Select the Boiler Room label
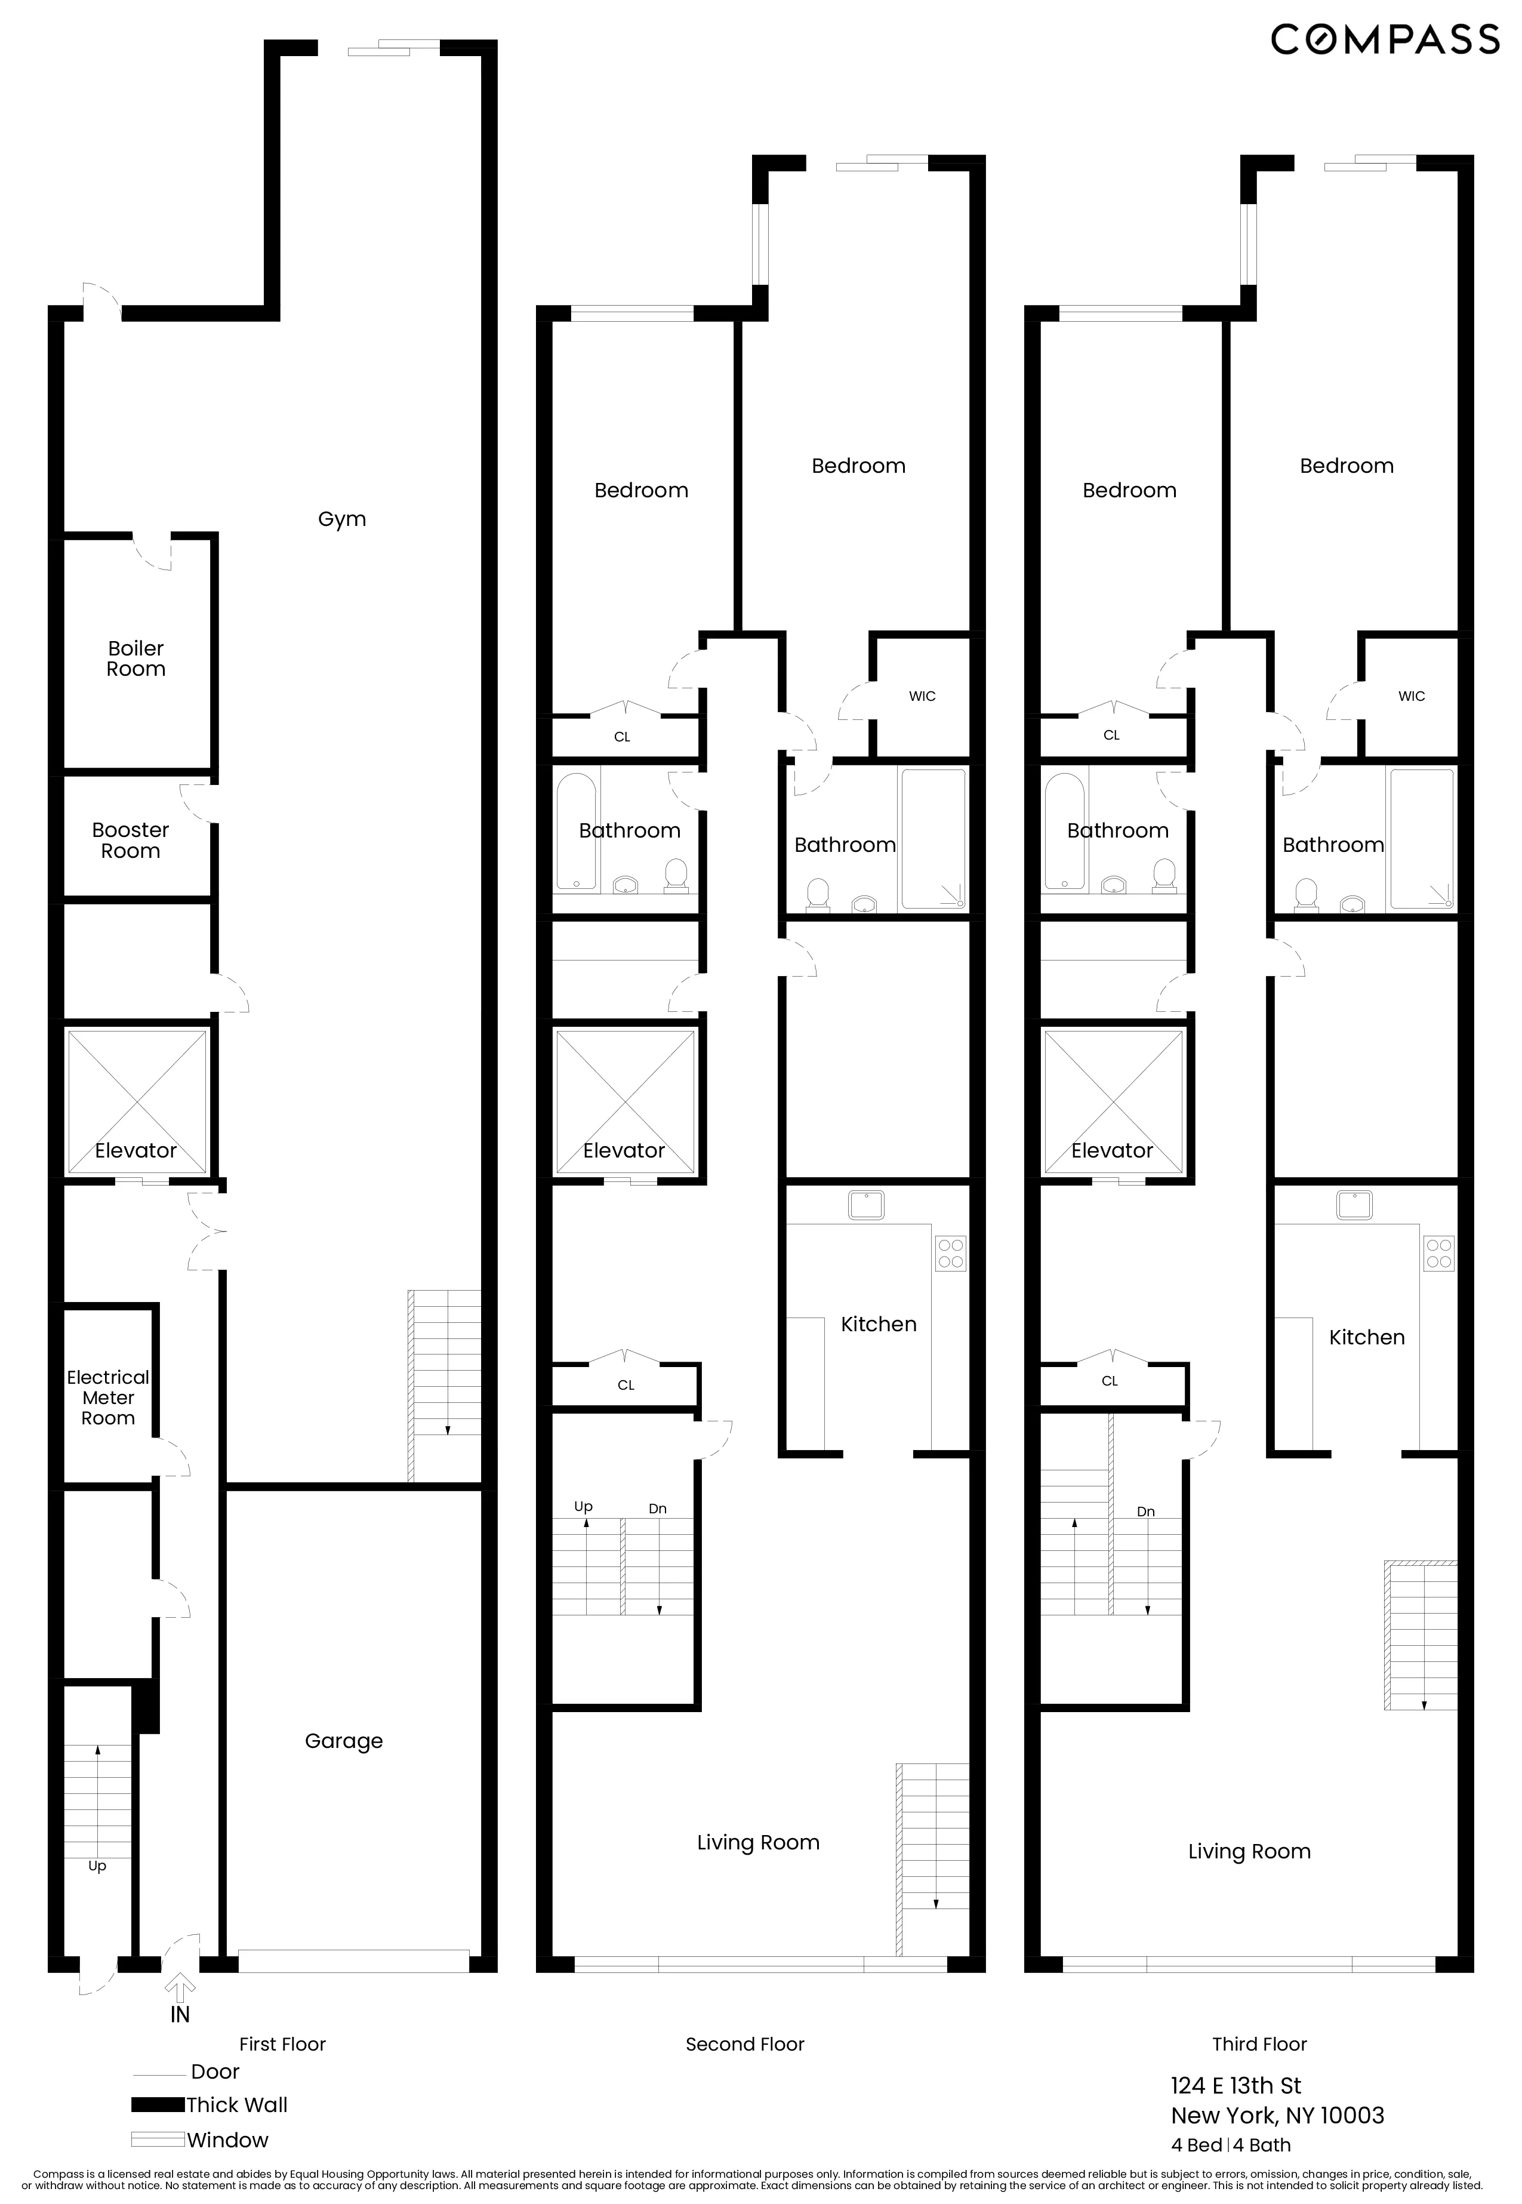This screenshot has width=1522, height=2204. click(x=135, y=659)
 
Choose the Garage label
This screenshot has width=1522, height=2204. click(x=343, y=1741)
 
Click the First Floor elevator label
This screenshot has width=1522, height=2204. click(x=135, y=1150)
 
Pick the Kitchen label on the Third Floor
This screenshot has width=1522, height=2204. click(x=1367, y=1337)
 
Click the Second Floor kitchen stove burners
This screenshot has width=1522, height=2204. click(x=951, y=1253)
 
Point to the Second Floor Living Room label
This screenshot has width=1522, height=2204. click(x=758, y=1843)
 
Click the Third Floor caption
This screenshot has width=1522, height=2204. click(x=1259, y=2044)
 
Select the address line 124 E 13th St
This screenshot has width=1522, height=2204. click(x=1236, y=2086)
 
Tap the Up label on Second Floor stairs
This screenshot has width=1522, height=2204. click(x=584, y=1506)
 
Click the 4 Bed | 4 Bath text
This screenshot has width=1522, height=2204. click(x=1231, y=2145)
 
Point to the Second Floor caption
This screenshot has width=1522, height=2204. click(x=745, y=2044)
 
